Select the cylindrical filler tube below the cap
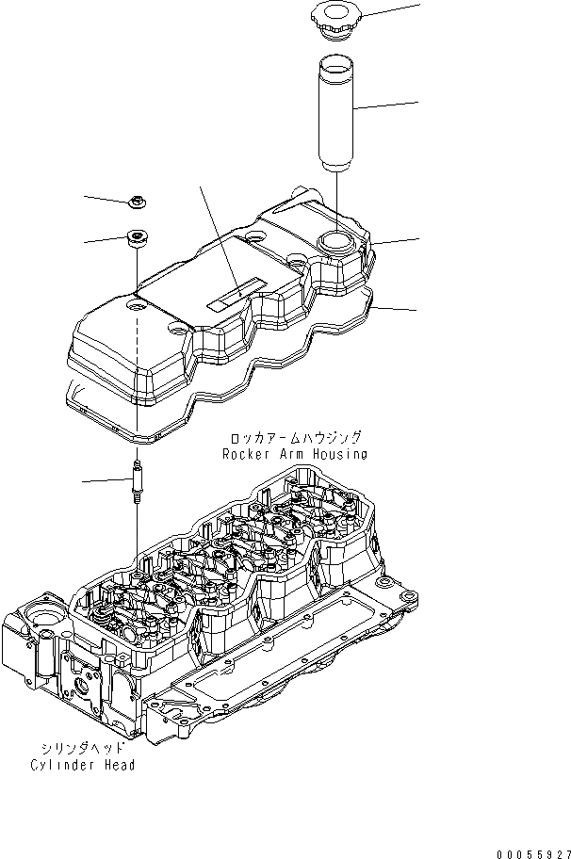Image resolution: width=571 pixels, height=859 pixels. [x=337, y=113]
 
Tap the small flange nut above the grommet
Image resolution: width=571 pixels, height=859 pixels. [x=138, y=201]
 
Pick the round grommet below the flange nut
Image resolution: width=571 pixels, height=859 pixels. [x=139, y=238]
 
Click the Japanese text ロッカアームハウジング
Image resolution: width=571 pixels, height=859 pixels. [x=295, y=439]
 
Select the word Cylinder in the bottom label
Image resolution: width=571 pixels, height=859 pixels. [x=60, y=765]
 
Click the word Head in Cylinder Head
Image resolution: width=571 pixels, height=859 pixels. [x=118, y=765]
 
